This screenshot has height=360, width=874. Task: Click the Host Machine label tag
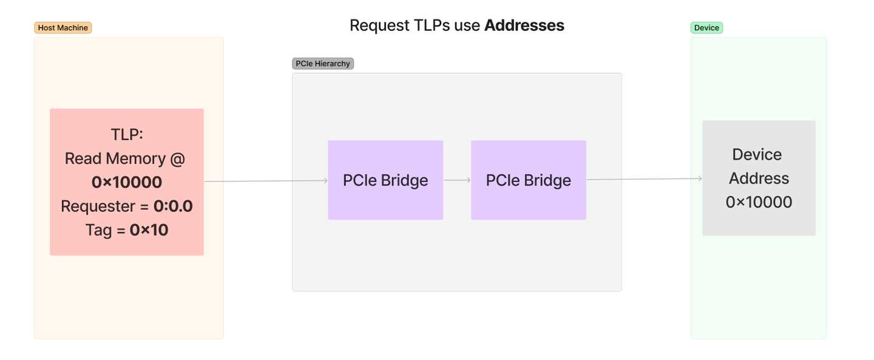(x=63, y=28)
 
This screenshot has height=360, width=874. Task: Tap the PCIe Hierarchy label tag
(x=322, y=64)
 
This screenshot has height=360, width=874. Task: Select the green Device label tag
(x=706, y=28)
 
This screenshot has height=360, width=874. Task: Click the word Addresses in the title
(x=524, y=25)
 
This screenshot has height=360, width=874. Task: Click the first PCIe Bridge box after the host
(x=385, y=180)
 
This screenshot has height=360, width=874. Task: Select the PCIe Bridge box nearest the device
(x=528, y=180)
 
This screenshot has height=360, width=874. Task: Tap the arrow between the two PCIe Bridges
(x=457, y=180)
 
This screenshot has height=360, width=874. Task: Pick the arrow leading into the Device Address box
(x=643, y=179)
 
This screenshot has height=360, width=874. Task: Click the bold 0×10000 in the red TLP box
(x=127, y=182)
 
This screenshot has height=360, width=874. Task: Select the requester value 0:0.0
(x=173, y=206)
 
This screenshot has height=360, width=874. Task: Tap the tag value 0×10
(x=149, y=230)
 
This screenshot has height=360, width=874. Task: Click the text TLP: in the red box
(x=126, y=134)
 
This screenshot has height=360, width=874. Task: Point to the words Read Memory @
(x=124, y=158)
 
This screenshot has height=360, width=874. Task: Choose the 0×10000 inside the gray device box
(x=759, y=202)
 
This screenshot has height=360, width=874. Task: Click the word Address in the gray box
(x=759, y=178)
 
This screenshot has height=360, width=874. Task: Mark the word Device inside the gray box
(x=757, y=155)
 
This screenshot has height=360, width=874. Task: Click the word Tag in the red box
(x=98, y=230)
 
